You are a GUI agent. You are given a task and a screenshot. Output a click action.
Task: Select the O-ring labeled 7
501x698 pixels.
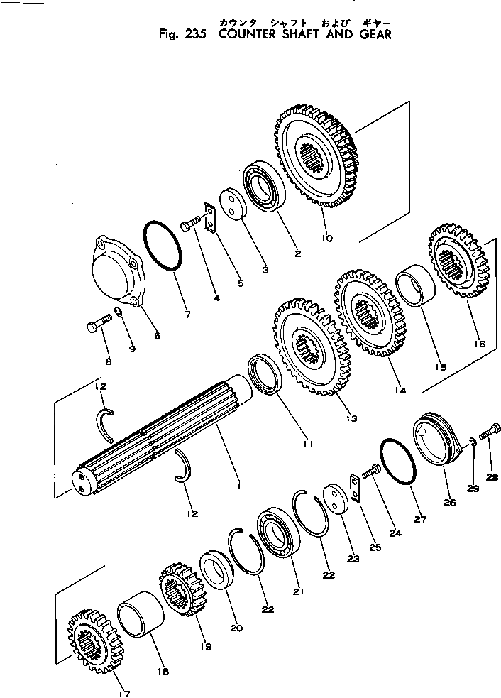click(x=165, y=246)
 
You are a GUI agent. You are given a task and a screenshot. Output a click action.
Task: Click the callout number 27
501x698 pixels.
click(x=421, y=520)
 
